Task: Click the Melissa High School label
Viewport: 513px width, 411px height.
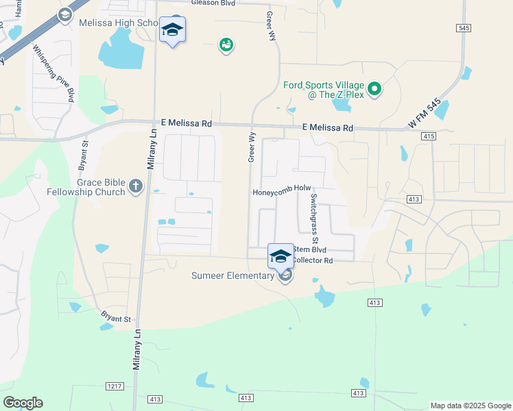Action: pyautogui.click(x=119, y=23)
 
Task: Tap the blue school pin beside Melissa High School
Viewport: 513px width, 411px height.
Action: pyautogui.click(x=172, y=30)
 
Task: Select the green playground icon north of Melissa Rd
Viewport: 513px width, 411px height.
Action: pyautogui.click(x=226, y=45)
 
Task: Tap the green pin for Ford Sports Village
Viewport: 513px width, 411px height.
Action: pyautogui.click(x=374, y=88)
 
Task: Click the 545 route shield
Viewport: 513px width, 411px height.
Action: pyautogui.click(x=464, y=27)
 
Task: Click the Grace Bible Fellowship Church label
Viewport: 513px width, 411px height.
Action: pyautogui.click(x=91, y=188)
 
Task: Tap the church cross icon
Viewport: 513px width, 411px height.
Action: pyautogui.click(x=136, y=186)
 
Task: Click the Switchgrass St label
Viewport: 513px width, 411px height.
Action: pyautogui.click(x=313, y=218)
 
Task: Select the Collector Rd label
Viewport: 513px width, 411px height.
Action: pyautogui.click(x=313, y=261)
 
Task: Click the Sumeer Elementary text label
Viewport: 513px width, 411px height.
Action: pyautogui.click(x=232, y=276)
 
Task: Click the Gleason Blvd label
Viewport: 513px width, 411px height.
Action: pyautogui.click(x=213, y=3)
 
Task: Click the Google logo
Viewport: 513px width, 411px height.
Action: pyautogui.click(x=23, y=403)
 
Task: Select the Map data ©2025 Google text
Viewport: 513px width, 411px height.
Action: pyautogui.click(x=470, y=406)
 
